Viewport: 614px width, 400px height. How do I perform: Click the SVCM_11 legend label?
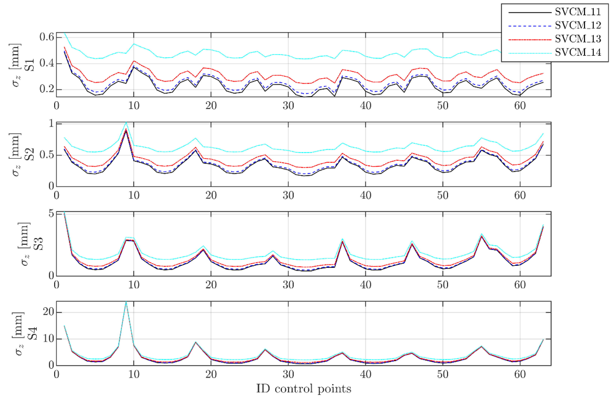click(x=578, y=12)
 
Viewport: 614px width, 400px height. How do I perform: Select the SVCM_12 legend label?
click(x=578, y=25)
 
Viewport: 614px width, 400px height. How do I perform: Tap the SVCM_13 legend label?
click(x=578, y=39)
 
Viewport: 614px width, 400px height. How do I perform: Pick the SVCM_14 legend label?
click(x=578, y=52)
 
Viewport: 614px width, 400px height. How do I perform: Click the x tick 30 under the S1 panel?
click(x=288, y=106)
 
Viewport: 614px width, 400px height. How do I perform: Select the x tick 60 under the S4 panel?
click(x=520, y=374)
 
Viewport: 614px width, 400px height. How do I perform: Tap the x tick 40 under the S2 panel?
click(x=366, y=195)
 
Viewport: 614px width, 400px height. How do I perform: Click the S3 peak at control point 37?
click(x=342, y=239)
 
